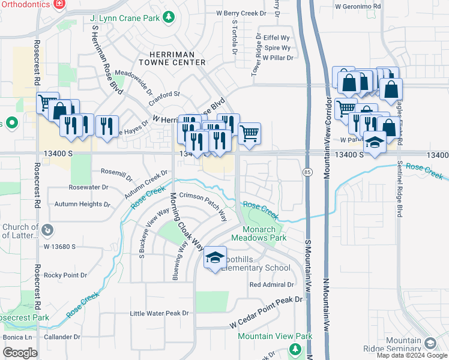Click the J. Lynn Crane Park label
point(125,18)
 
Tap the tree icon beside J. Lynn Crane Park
point(169,17)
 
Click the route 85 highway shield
point(307,172)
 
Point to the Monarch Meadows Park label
point(264,233)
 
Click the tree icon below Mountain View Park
point(294,349)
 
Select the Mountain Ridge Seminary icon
point(429,343)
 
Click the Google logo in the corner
point(20,353)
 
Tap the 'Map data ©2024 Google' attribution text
point(412,355)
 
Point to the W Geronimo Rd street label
point(358,7)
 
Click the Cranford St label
point(164,94)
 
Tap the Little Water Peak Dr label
point(160,313)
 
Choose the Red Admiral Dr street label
point(271,284)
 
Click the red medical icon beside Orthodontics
point(59,4)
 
